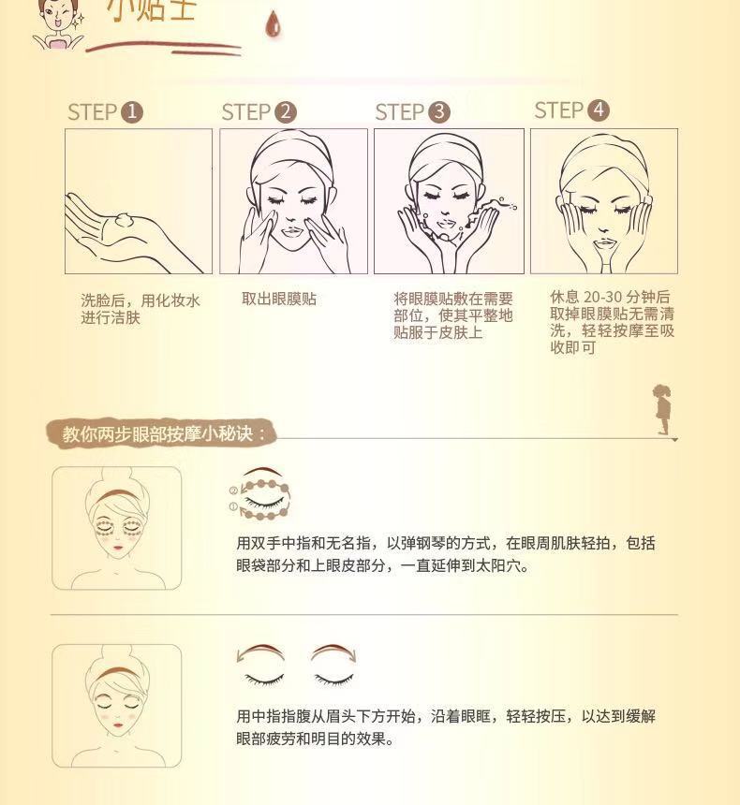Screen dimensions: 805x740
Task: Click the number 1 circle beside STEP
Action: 132,113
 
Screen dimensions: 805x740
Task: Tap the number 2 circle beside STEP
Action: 286,113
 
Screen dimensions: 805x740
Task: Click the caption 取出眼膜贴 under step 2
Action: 279,299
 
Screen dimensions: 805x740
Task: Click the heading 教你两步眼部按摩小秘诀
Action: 165,434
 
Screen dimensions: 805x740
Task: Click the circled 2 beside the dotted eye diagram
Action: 232,490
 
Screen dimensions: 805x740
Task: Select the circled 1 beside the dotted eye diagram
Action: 232,506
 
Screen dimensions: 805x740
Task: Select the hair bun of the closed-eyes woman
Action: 117,654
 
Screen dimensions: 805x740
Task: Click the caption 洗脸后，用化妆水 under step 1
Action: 141,300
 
